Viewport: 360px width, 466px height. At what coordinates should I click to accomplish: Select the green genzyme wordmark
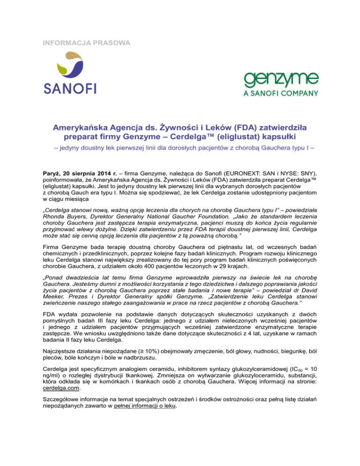coord(280,80)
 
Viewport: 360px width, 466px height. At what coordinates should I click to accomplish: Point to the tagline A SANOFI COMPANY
coord(281,93)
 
